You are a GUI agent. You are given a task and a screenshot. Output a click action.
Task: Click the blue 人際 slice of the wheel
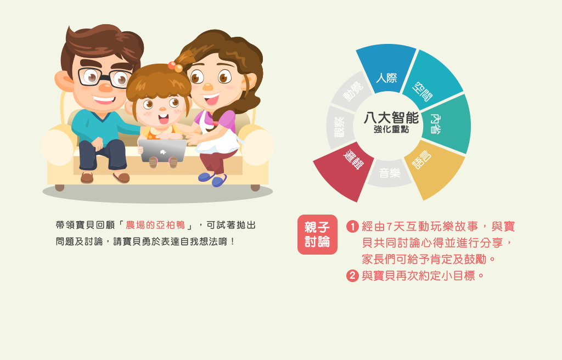(386, 68)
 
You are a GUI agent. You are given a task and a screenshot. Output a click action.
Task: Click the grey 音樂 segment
(390, 173)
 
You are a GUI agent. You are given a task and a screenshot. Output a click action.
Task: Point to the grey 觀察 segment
(339, 127)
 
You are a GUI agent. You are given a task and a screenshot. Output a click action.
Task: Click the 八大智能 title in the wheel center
(391, 118)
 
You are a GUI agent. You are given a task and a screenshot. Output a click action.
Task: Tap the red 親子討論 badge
(317, 234)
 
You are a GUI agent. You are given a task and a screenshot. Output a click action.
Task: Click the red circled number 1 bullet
(352, 227)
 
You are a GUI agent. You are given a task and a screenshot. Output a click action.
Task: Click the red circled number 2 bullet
(352, 275)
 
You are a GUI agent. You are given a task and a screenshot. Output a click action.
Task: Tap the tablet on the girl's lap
(162, 150)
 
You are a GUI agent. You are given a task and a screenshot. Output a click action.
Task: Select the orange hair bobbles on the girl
(175, 66)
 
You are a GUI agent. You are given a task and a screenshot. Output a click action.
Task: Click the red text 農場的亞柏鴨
(155, 225)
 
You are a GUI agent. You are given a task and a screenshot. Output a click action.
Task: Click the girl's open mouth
(164, 119)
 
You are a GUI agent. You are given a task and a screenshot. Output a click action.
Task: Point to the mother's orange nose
(207, 87)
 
